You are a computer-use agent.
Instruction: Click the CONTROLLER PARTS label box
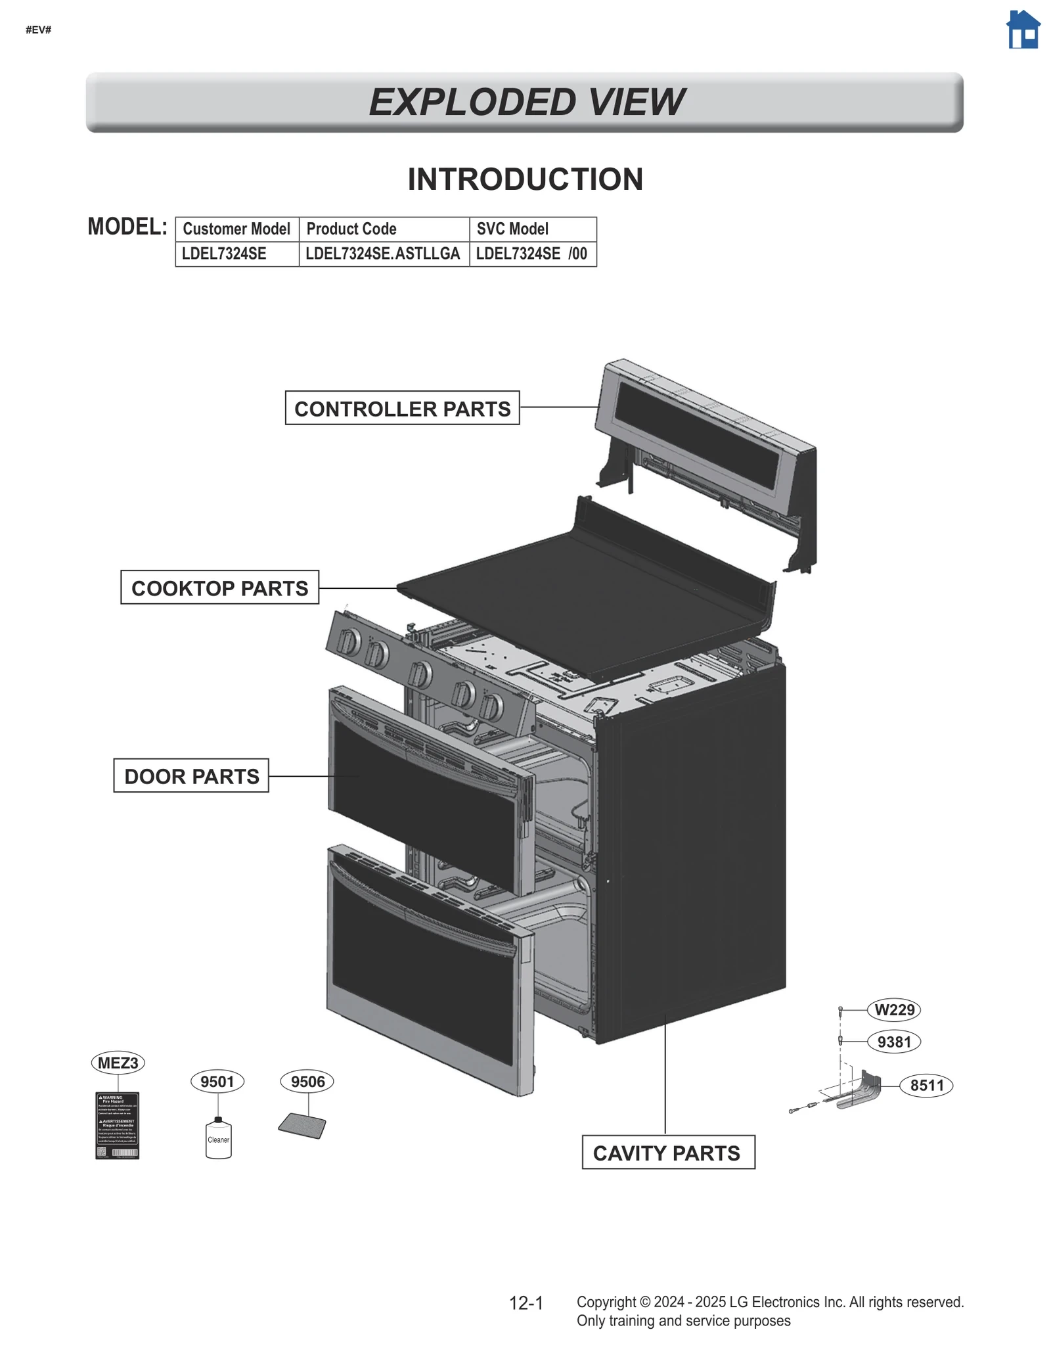click(x=402, y=408)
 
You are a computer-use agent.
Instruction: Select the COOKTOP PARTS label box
click(x=219, y=588)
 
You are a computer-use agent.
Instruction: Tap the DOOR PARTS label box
click(x=191, y=775)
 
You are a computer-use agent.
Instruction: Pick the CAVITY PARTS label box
click(x=668, y=1153)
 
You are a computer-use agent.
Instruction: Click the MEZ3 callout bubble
click(x=118, y=1063)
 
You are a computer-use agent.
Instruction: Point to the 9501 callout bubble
click(x=217, y=1081)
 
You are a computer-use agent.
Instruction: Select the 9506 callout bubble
click(x=307, y=1081)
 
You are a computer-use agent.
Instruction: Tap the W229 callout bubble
click(x=894, y=1009)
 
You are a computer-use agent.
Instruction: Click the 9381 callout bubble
click(x=894, y=1042)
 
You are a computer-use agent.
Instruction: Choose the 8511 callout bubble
click(x=926, y=1085)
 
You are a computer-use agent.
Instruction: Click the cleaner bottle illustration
click(x=218, y=1138)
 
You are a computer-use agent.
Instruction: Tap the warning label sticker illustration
click(x=118, y=1125)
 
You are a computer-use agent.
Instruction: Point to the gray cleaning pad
click(x=302, y=1126)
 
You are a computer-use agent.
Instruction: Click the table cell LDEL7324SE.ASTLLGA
click(x=384, y=254)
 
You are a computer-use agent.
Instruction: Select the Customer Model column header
click(x=236, y=229)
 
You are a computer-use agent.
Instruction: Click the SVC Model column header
click(x=512, y=229)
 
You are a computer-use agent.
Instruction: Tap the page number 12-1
click(x=526, y=1303)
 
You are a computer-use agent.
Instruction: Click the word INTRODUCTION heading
click(x=525, y=179)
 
